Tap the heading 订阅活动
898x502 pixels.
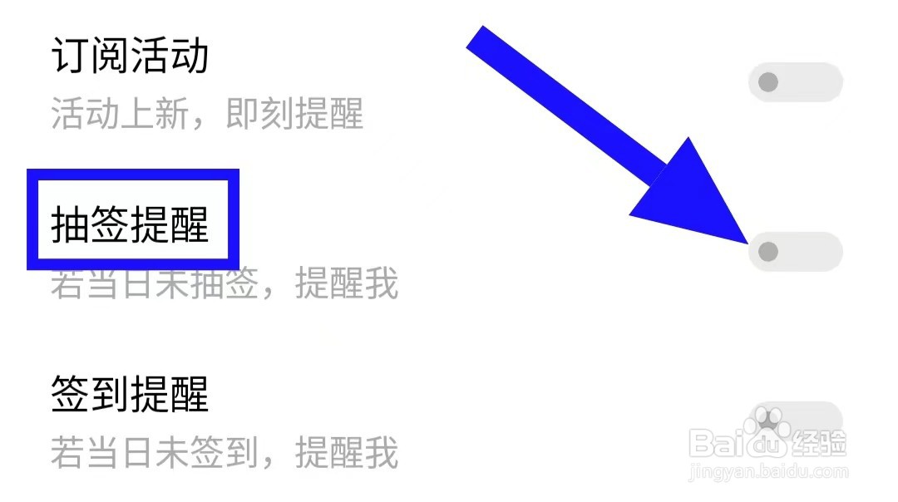click(130, 56)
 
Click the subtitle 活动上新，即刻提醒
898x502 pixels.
click(207, 114)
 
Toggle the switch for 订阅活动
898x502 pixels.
click(796, 82)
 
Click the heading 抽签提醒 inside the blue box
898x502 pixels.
click(130, 224)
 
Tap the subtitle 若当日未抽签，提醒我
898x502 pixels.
click(224, 283)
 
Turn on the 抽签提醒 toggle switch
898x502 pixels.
click(796, 251)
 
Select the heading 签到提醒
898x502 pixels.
click(130, 393)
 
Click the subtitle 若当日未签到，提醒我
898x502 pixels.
click(224, 453)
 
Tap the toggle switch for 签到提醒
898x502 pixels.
click(796, 421)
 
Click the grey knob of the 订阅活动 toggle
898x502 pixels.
click(768, 82)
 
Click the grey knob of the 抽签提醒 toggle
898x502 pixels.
click(768, 251)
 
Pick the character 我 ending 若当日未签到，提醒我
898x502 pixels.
click(382, 453)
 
